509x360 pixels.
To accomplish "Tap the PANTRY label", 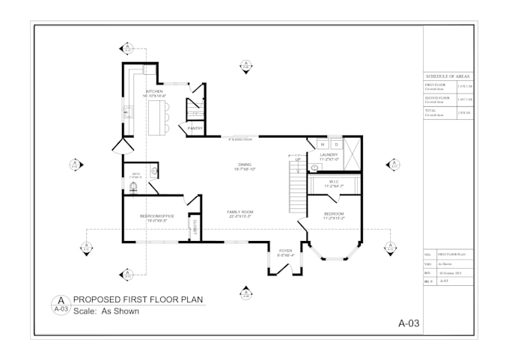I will tap(196, 128).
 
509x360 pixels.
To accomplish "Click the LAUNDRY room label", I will tap(329, 156).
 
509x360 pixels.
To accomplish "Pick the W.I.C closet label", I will tap(334, 183).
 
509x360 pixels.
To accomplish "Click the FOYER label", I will tap(285, 252).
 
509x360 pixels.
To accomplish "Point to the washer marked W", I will tap(323, 143).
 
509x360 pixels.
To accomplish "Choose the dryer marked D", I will tap(336, 143).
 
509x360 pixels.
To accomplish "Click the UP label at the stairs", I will tap(297, 159).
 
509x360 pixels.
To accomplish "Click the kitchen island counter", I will tap(156, 117).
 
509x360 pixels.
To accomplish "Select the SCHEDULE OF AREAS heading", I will tap(448, 76).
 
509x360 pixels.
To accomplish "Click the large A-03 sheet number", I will tap(408, 323).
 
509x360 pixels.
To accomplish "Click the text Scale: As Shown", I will tap(106, 311).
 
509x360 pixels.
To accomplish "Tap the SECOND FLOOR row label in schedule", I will tap(436, 97).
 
